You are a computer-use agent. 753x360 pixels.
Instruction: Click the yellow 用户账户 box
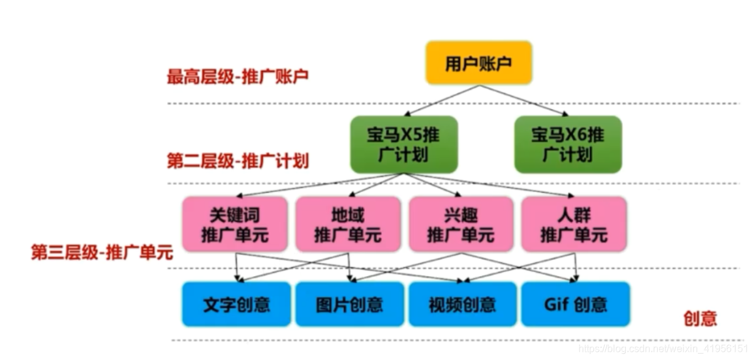[478, 63]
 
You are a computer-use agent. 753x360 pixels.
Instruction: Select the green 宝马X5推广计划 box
[404, 145]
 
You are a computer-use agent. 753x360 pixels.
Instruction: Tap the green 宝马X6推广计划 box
[568, 145]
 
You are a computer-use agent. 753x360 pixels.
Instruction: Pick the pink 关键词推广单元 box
[235, 225]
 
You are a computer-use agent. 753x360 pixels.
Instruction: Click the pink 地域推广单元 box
[347, 225]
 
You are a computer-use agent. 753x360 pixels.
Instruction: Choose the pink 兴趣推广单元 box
[461, 225]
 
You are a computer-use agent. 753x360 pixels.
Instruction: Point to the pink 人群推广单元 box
[573, 225]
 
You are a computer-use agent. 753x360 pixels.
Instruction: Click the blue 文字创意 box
[237, 304]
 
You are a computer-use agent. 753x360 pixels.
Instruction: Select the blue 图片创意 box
[349, 304]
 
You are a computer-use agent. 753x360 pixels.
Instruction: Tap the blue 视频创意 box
[463, 304]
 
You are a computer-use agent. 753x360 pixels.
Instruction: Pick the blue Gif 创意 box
[575, 304]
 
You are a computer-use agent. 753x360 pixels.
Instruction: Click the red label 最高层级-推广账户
[237, 77]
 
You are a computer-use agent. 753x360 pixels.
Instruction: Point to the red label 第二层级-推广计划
[237, 161]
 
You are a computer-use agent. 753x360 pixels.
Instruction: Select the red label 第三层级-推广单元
[102, 253]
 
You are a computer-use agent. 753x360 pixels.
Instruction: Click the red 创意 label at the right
[700, 319]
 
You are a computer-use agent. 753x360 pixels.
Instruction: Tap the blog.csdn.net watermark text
[663, 348]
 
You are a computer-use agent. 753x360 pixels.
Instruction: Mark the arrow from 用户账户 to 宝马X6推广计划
[526, 100]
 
